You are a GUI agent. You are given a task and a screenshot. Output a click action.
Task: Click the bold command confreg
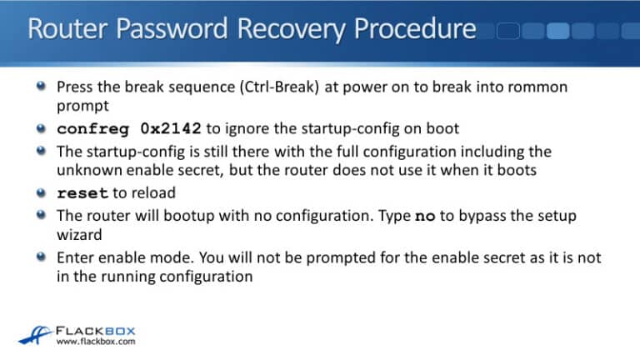(91, 129)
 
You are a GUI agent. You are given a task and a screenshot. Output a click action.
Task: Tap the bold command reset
(82, 193)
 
